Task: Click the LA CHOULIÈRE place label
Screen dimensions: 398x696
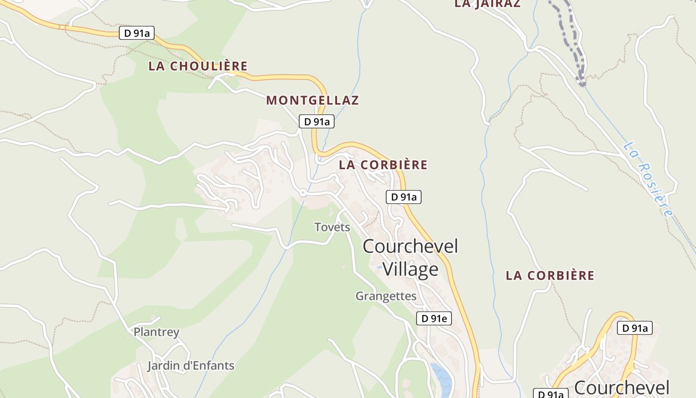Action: coord(198,66)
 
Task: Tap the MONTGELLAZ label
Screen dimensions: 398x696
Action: coord(312,100)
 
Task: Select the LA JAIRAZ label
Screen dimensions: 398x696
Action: coord(487,4)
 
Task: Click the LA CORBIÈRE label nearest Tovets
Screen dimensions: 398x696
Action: coord(383,165)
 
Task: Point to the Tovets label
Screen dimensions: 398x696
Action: coord(332,227)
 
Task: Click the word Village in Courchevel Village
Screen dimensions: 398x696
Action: coord(410,269)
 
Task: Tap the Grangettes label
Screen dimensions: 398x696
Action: coord(386,296)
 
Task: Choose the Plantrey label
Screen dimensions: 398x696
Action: coord(156,332)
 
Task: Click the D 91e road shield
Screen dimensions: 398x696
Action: coord(434,318)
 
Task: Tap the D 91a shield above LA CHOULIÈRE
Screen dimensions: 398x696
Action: coord(137,33)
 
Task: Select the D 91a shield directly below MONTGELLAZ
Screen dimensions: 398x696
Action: coord(317,121)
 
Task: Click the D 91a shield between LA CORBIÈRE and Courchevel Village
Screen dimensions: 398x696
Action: coord(404,197)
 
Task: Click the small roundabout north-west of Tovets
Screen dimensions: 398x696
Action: coord(302,192)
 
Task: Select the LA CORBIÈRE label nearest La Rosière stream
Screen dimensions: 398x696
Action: coord(550,276)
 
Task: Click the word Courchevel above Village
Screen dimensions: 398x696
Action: coord(410,246)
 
